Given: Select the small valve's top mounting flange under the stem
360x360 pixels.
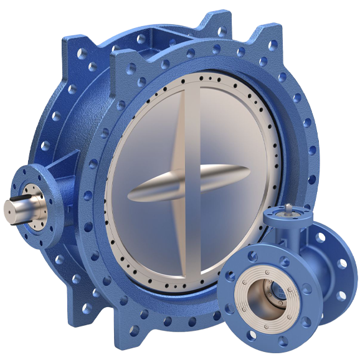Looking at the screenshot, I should point(288,218).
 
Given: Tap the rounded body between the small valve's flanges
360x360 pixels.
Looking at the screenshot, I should point(305,262).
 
